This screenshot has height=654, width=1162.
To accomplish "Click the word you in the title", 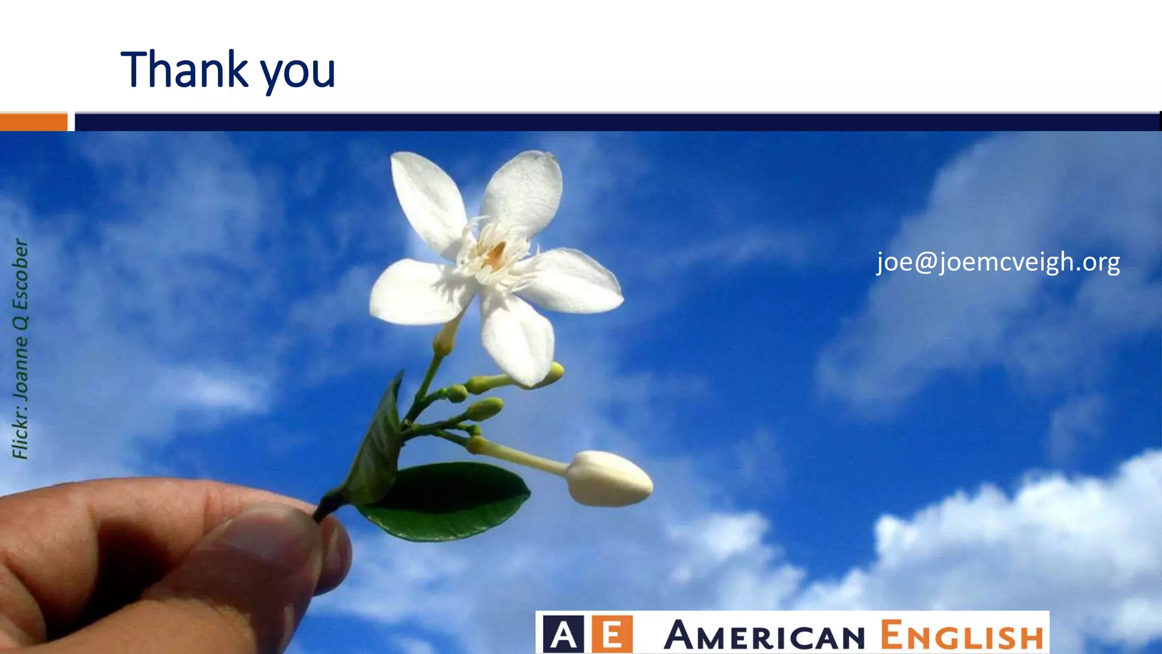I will (298, 74).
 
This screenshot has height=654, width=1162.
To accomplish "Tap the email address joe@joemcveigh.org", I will (998, 262).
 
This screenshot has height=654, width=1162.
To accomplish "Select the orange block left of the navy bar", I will (33, 122).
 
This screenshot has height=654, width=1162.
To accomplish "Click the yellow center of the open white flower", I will (495, 255).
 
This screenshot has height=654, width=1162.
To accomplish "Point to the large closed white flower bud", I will (610, 478).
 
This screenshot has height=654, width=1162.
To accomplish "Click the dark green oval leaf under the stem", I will (448, 500).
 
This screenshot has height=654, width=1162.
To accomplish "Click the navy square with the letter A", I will (563, 634).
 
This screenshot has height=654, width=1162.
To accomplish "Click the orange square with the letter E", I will (612, 634).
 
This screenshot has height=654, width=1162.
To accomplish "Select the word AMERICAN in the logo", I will (764, 636).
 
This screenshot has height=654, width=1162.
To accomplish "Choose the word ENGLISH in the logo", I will (962, 636).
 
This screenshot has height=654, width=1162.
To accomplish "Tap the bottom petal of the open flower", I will (517, 341).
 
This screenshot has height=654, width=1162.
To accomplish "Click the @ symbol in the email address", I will (925, 263).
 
